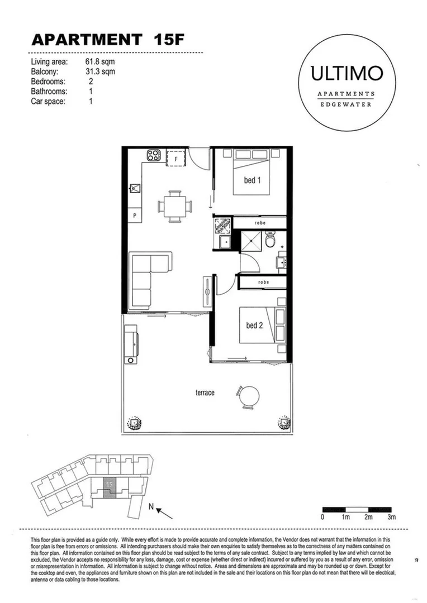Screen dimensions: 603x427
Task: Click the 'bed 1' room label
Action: pos(253,180)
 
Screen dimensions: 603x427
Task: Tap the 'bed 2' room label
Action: pos(254,325)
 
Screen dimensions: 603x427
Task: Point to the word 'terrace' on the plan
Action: pos(205,393)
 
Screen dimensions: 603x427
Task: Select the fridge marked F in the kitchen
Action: pos(176,158)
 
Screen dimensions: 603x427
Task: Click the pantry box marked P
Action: pos(135,215)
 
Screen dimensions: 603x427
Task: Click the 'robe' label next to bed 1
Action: pos(260,223)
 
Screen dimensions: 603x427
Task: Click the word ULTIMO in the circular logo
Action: pos(347,74)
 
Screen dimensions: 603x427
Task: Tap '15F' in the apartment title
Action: pos(168,40)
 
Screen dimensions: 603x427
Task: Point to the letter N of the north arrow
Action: pos(151,507)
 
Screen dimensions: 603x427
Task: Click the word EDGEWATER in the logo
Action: pos(347,104)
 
